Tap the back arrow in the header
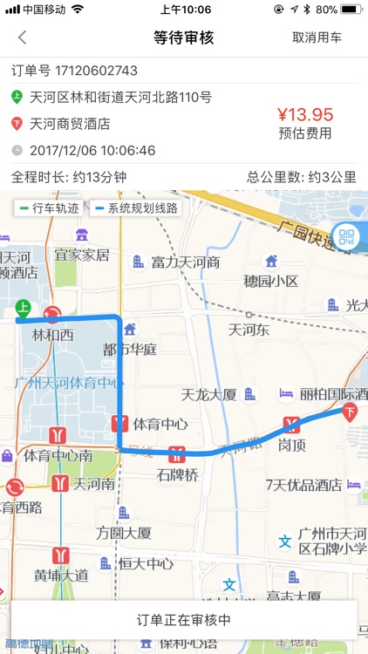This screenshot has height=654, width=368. coord(23,37)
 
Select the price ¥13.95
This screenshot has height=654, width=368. coord(305,114)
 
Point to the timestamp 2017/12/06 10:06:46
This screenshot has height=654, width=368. coord(92,150)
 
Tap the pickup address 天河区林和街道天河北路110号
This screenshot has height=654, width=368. coord(120,97)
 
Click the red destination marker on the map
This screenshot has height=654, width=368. coord(351,411)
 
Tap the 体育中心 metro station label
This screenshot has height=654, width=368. coord(160,426)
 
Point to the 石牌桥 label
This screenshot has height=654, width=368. coord(178,475)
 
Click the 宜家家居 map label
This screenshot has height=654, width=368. coord(82,255)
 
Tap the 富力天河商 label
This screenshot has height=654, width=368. coord(185,262)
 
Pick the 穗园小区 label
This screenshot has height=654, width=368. coord(271,281)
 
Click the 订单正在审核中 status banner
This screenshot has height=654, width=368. coord(184,620)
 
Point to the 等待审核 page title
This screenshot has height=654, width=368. coord(183,37)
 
